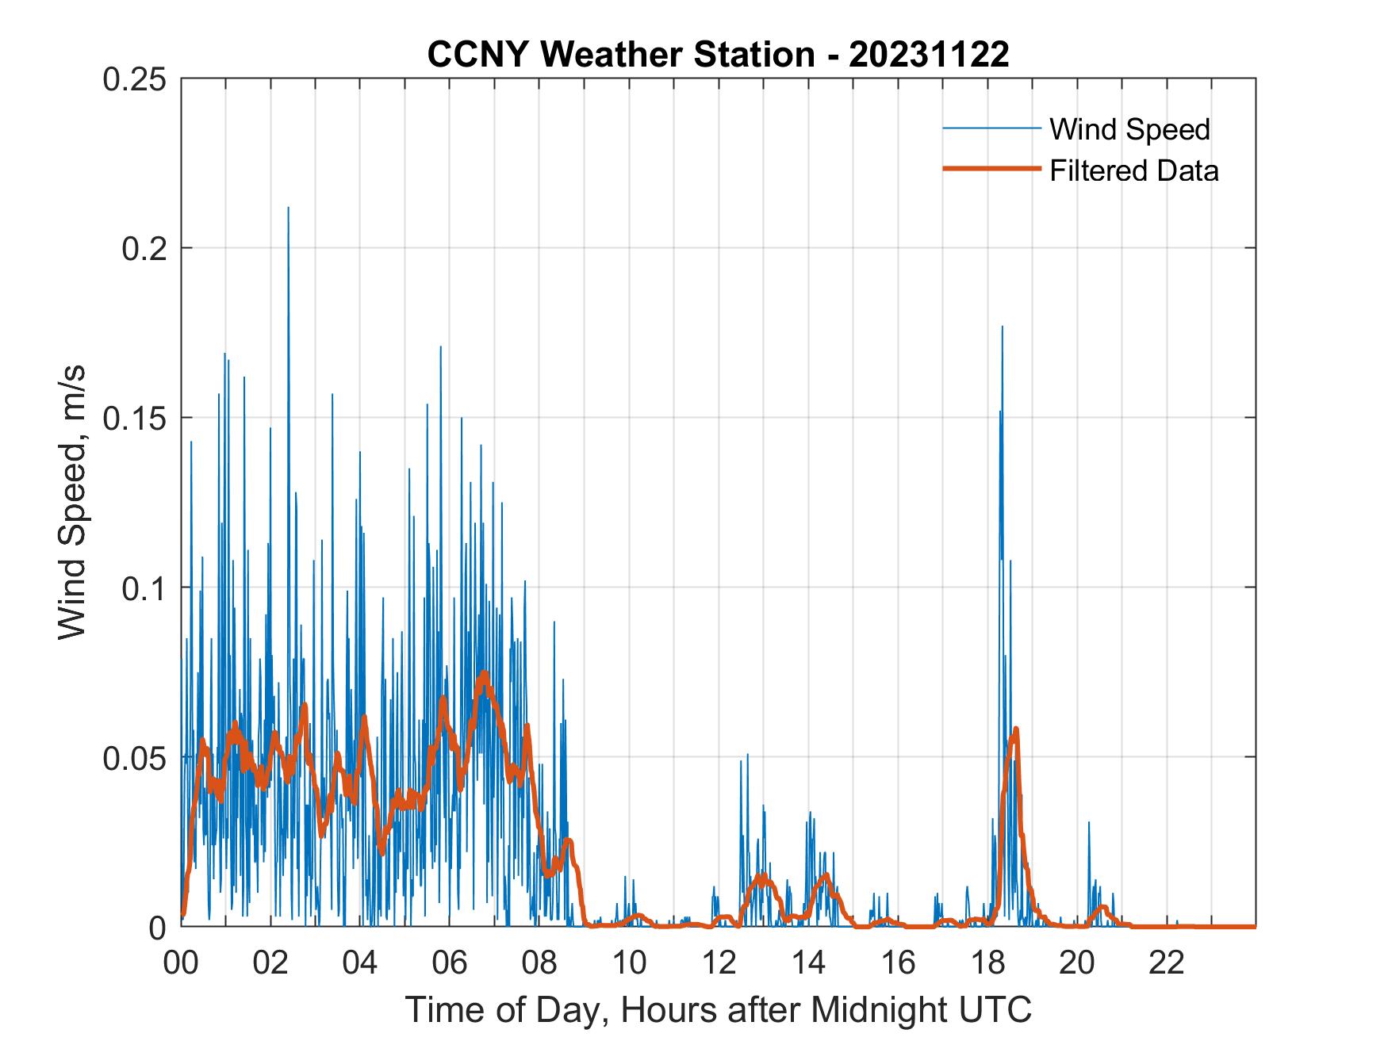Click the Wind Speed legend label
pos(1129,129)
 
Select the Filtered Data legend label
pos(1133,170)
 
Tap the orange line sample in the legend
pos(991,169)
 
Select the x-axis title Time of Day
pos(718,1011)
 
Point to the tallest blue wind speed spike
pos(288,209)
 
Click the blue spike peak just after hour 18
pos(1002,327)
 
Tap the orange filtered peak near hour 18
pos(1015,729)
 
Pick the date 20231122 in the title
pos(929,55)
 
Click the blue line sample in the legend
pos(991,128)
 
